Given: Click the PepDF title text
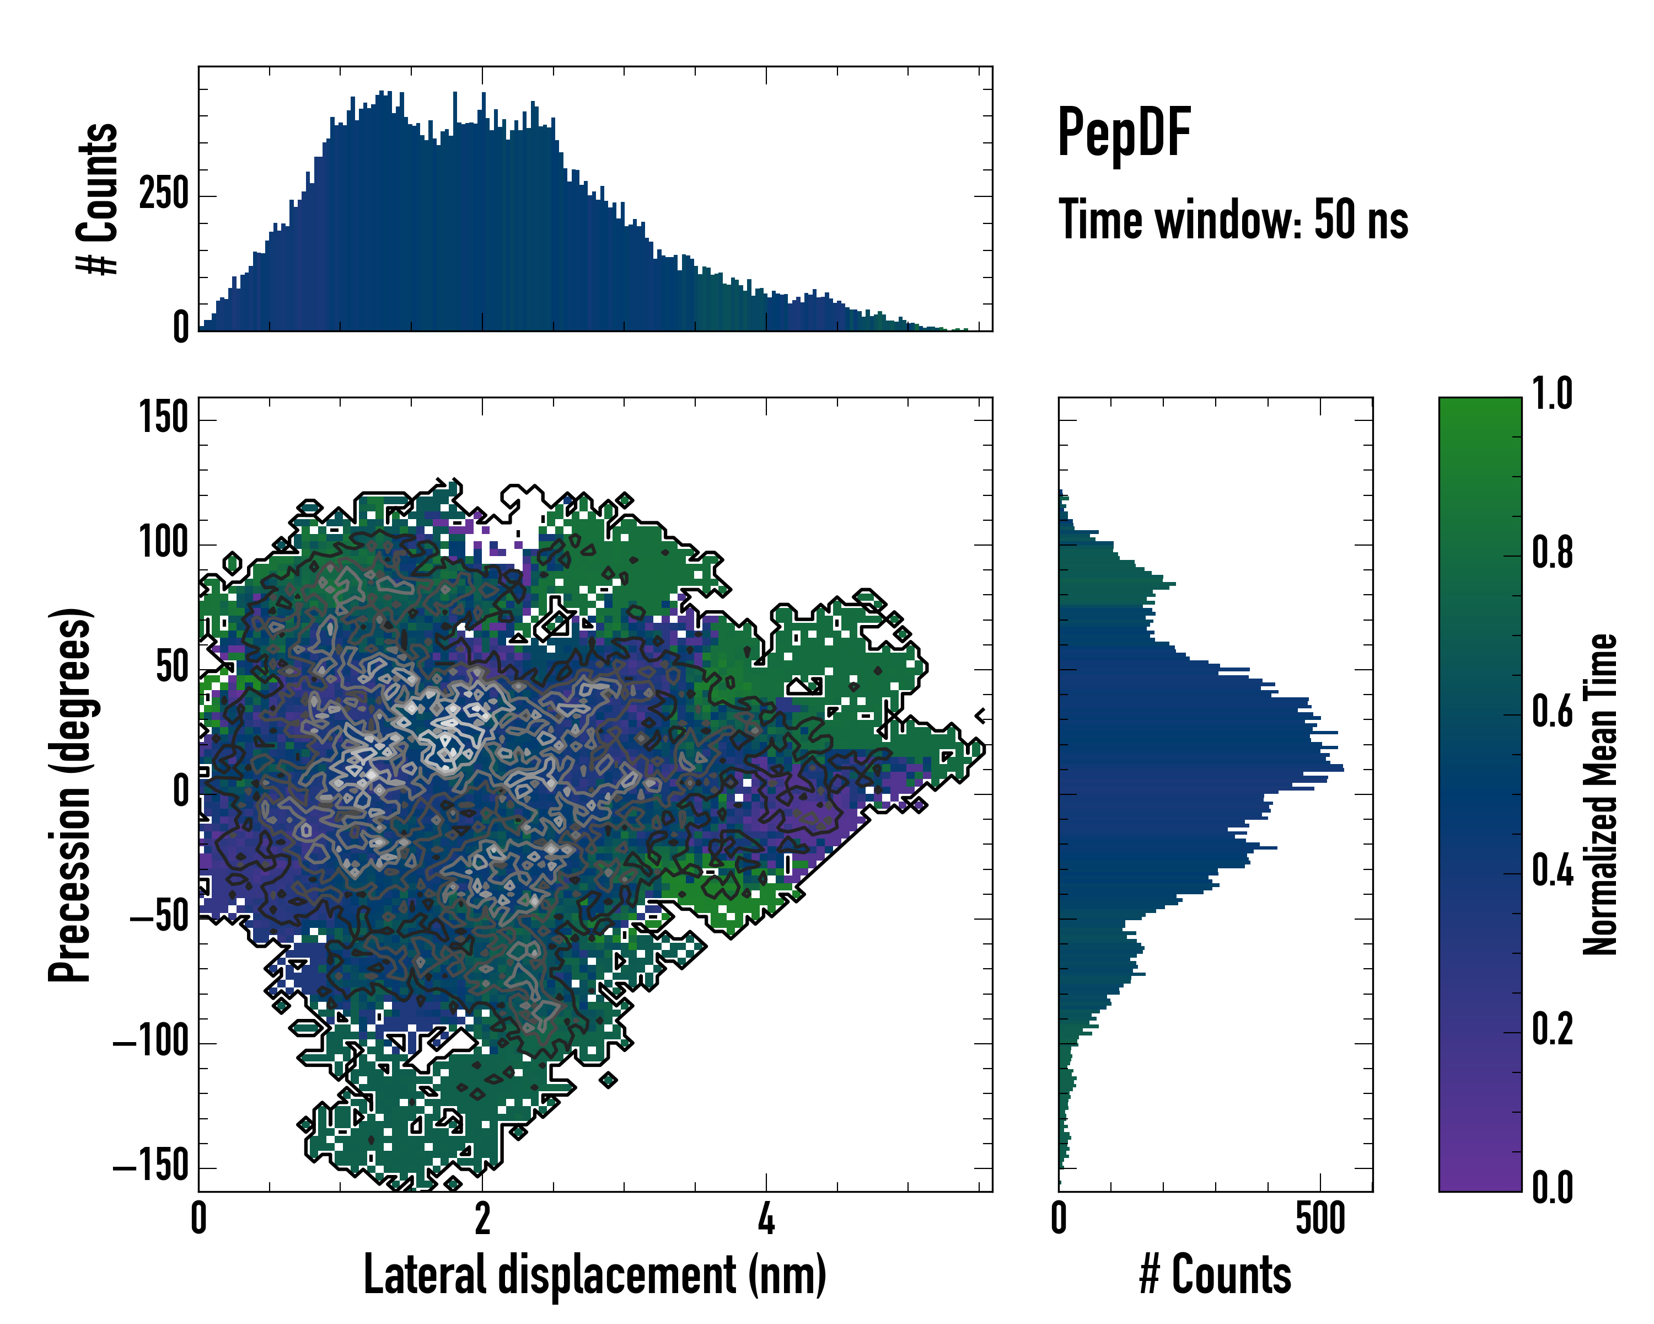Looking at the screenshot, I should pyautogui.click(x=1123, y=132).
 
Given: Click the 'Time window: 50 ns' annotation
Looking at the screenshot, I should pyautogui.click(x=1233, y=220).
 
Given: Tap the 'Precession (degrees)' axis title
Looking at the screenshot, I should pyautogui.click(x=71, y=794).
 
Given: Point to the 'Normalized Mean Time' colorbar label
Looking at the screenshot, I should pyautogui.click(x=1601, y=794).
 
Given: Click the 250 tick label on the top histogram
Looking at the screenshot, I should pyautogui.click(x=163, y=194).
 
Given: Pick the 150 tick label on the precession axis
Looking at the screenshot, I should pyautogui.click(x=163, y=419).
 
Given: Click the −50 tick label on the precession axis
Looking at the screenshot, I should pyautogui.click(x=159, y=918).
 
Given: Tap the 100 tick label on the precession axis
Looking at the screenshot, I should pyautogui.click(x=163, y=543).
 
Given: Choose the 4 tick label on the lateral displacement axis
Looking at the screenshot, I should pyautogui.click(x=766, y=1218).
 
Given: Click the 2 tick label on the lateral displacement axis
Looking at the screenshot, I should pyautogui.click(x=482, y=1218).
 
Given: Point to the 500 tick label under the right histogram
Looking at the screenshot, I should pyautogui.click(x=1320, y=1218).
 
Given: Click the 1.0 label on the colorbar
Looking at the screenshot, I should pyautogui.click(x=1552, y=394).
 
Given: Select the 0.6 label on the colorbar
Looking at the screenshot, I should pyautogui.click(x=1552, y=712).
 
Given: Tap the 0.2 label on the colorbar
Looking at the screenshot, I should pyautogui.click(x=1552, y=1029).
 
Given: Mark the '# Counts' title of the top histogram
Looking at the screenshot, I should pyautogui.click(x=98, y=198).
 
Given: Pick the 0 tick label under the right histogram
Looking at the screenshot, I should pyautogui.click(x=1059, y=1218).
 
